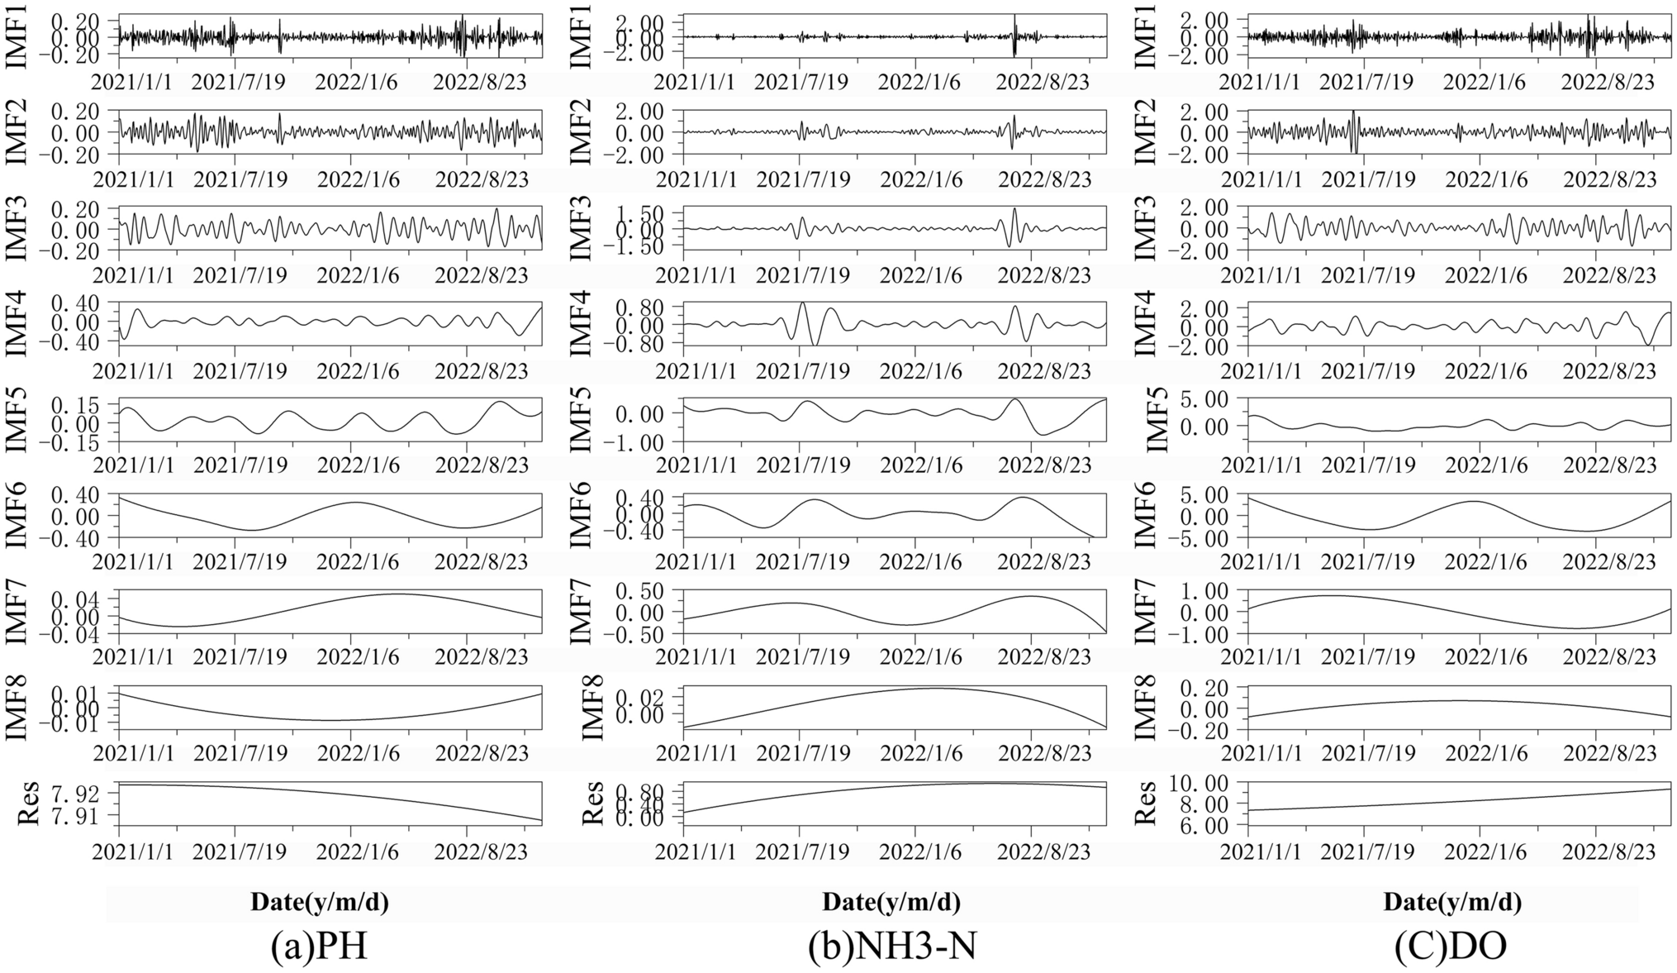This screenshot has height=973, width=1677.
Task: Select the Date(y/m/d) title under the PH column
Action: click(x=320, y=902)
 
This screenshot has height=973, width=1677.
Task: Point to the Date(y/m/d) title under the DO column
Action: click(x=1452, y=902)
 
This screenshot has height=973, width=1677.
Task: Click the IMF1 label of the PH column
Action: click(x=18, y=36)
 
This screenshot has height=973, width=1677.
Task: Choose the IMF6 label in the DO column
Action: click(x=1146, y=516)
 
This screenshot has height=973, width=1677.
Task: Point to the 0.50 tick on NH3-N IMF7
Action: click(x=642, y=591)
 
